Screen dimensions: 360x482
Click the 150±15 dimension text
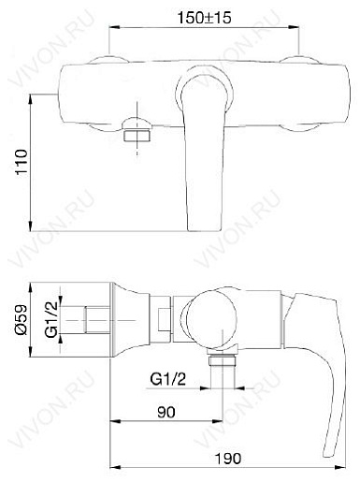pos(204,18)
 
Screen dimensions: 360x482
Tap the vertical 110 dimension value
pos(22,163)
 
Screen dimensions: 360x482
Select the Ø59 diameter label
pos(22,320)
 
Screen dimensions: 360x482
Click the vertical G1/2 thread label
pos(51,319)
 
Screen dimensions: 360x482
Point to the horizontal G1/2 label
pos(167,379)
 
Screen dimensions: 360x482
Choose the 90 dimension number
pos(166,412)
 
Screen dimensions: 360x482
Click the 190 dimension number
pos(228,459)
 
